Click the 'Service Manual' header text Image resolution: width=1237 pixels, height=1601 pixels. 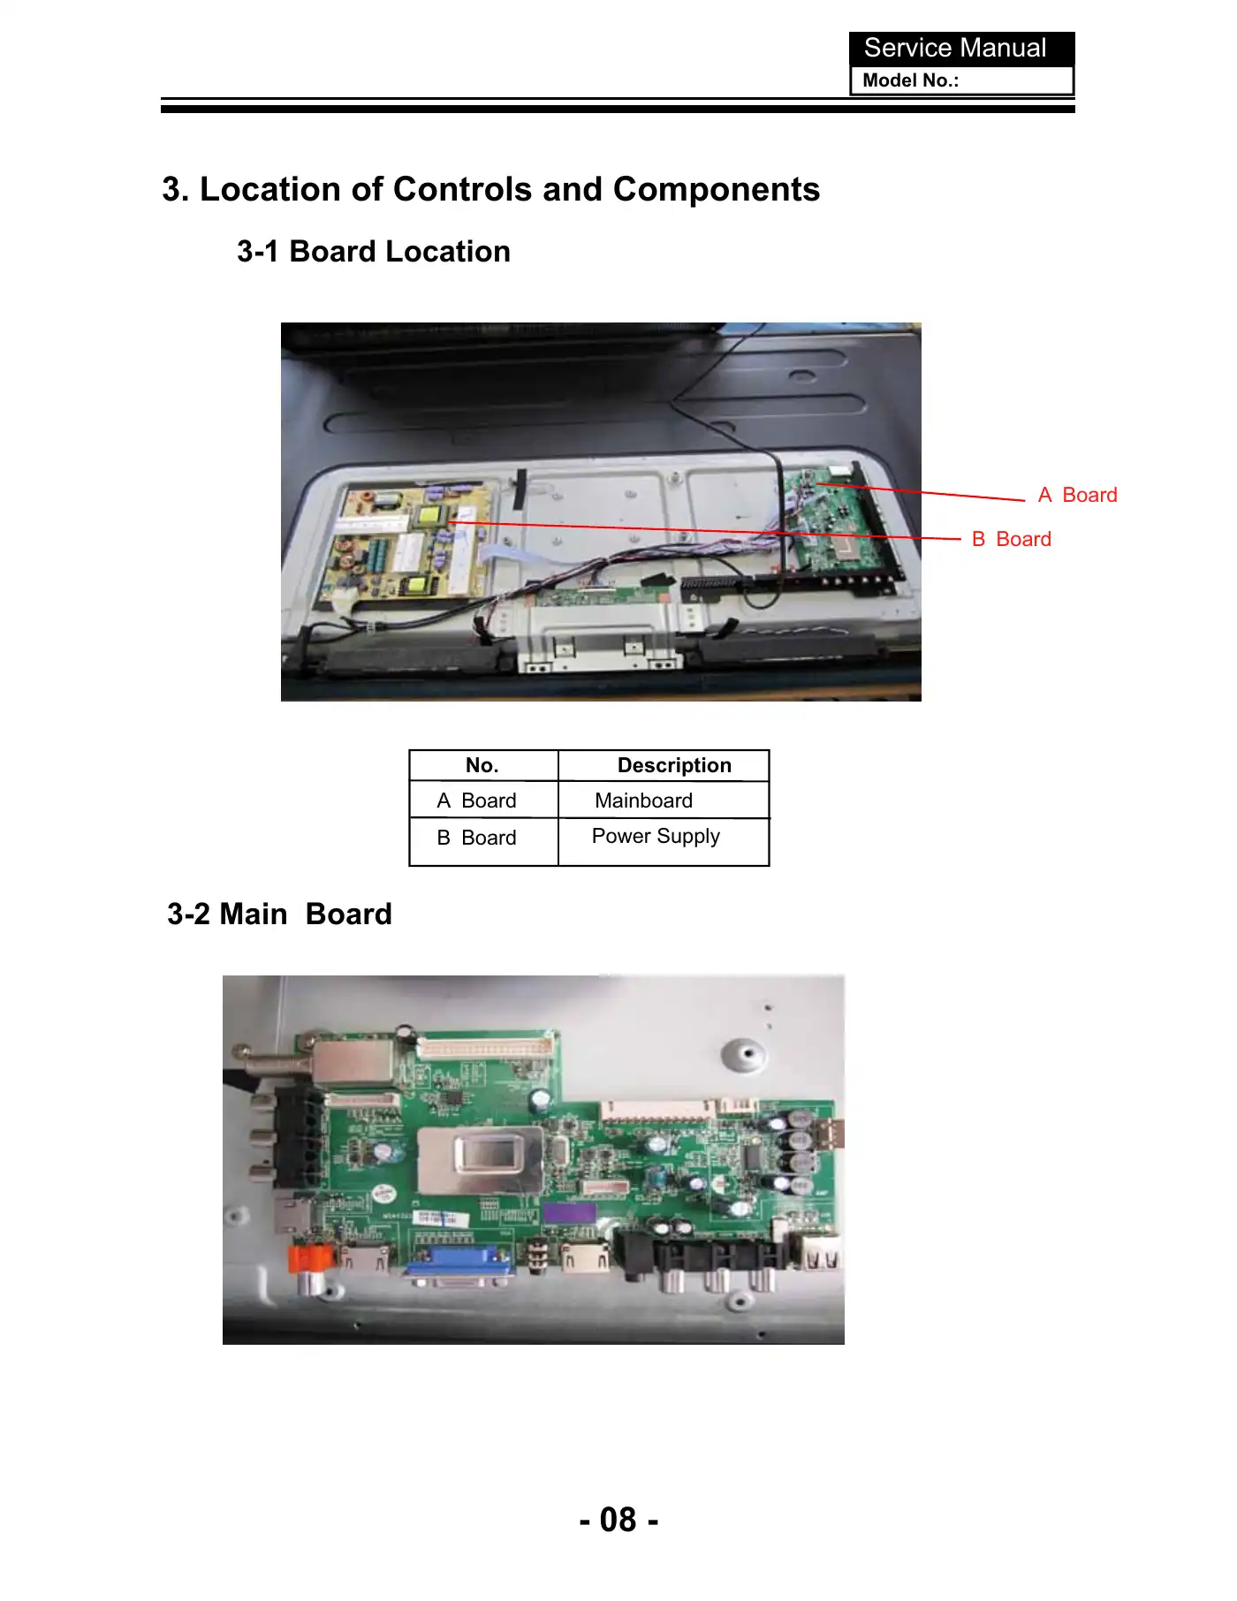pos(954,48)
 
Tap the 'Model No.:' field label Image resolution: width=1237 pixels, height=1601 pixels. pos(910,80)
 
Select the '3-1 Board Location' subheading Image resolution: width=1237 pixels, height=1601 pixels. pos(374,252)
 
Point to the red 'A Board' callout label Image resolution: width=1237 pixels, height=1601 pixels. pos(1077,495)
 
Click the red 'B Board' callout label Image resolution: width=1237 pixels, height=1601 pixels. pos(1011,539)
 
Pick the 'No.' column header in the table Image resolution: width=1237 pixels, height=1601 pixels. pos(482,765)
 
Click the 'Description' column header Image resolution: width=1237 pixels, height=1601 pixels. pos(674,765)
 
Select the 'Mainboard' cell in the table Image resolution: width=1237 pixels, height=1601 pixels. pos(643,800)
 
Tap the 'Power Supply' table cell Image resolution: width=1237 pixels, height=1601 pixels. pos(656,836)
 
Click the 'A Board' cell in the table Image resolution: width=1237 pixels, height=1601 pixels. pos(476,800)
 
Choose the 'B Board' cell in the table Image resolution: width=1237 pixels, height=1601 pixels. pos(476,838)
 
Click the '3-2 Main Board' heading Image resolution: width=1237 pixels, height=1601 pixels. pos(279,914)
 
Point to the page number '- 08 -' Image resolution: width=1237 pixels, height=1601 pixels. pos(618,1520)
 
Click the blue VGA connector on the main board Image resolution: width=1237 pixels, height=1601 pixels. pos(459,1266)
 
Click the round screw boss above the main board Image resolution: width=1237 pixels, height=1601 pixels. pos(744,1054)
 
